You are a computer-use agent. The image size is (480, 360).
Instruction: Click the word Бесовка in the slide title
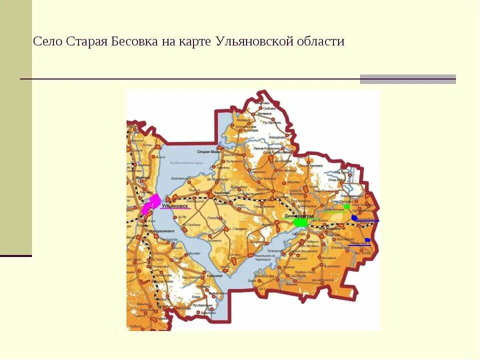pos(134,41)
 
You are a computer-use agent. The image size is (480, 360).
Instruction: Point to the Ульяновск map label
pos(175,205)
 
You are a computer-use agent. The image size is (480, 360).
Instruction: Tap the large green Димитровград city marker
pos(301,221)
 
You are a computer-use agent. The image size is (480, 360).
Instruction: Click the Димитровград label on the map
pos(298,215)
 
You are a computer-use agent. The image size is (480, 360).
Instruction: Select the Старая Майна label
pos(209,151)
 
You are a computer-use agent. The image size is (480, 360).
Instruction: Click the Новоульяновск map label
pos(162,231)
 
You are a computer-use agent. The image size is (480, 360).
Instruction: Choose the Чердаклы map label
pos(221,192)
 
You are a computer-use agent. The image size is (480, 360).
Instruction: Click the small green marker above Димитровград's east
pos(346,206)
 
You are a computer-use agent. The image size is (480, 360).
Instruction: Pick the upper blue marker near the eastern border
pos(354,218)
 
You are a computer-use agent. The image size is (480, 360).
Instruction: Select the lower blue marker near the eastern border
pos(367,240)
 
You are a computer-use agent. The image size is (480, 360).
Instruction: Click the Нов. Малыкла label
pos(330,228)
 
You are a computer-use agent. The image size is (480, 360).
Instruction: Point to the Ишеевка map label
pos(143,177)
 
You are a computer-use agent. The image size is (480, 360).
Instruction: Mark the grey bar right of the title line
pos(407,79)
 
